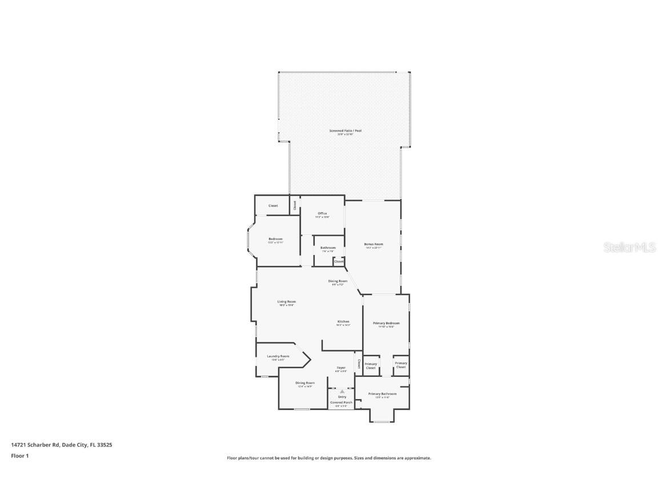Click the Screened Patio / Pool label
tap(345, 131)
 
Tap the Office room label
tap(322, 214)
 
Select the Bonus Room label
tap(374, 245)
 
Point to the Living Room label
tap(286, 302)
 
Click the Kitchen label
tap(343, 322)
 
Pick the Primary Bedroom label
tap(386, 324)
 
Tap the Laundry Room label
tap(278, 356)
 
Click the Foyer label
tap(341, 368)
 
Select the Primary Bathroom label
tap(383, 394)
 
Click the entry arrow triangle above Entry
tap(342, 392)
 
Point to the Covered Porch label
tap(342, 403)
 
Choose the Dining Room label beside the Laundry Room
tap(304, 383)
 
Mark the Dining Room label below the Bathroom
tap(338, 281)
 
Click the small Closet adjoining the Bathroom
tap(339, 261)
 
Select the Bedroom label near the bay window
tap(275, 239)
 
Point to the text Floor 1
tap(19, 456)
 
